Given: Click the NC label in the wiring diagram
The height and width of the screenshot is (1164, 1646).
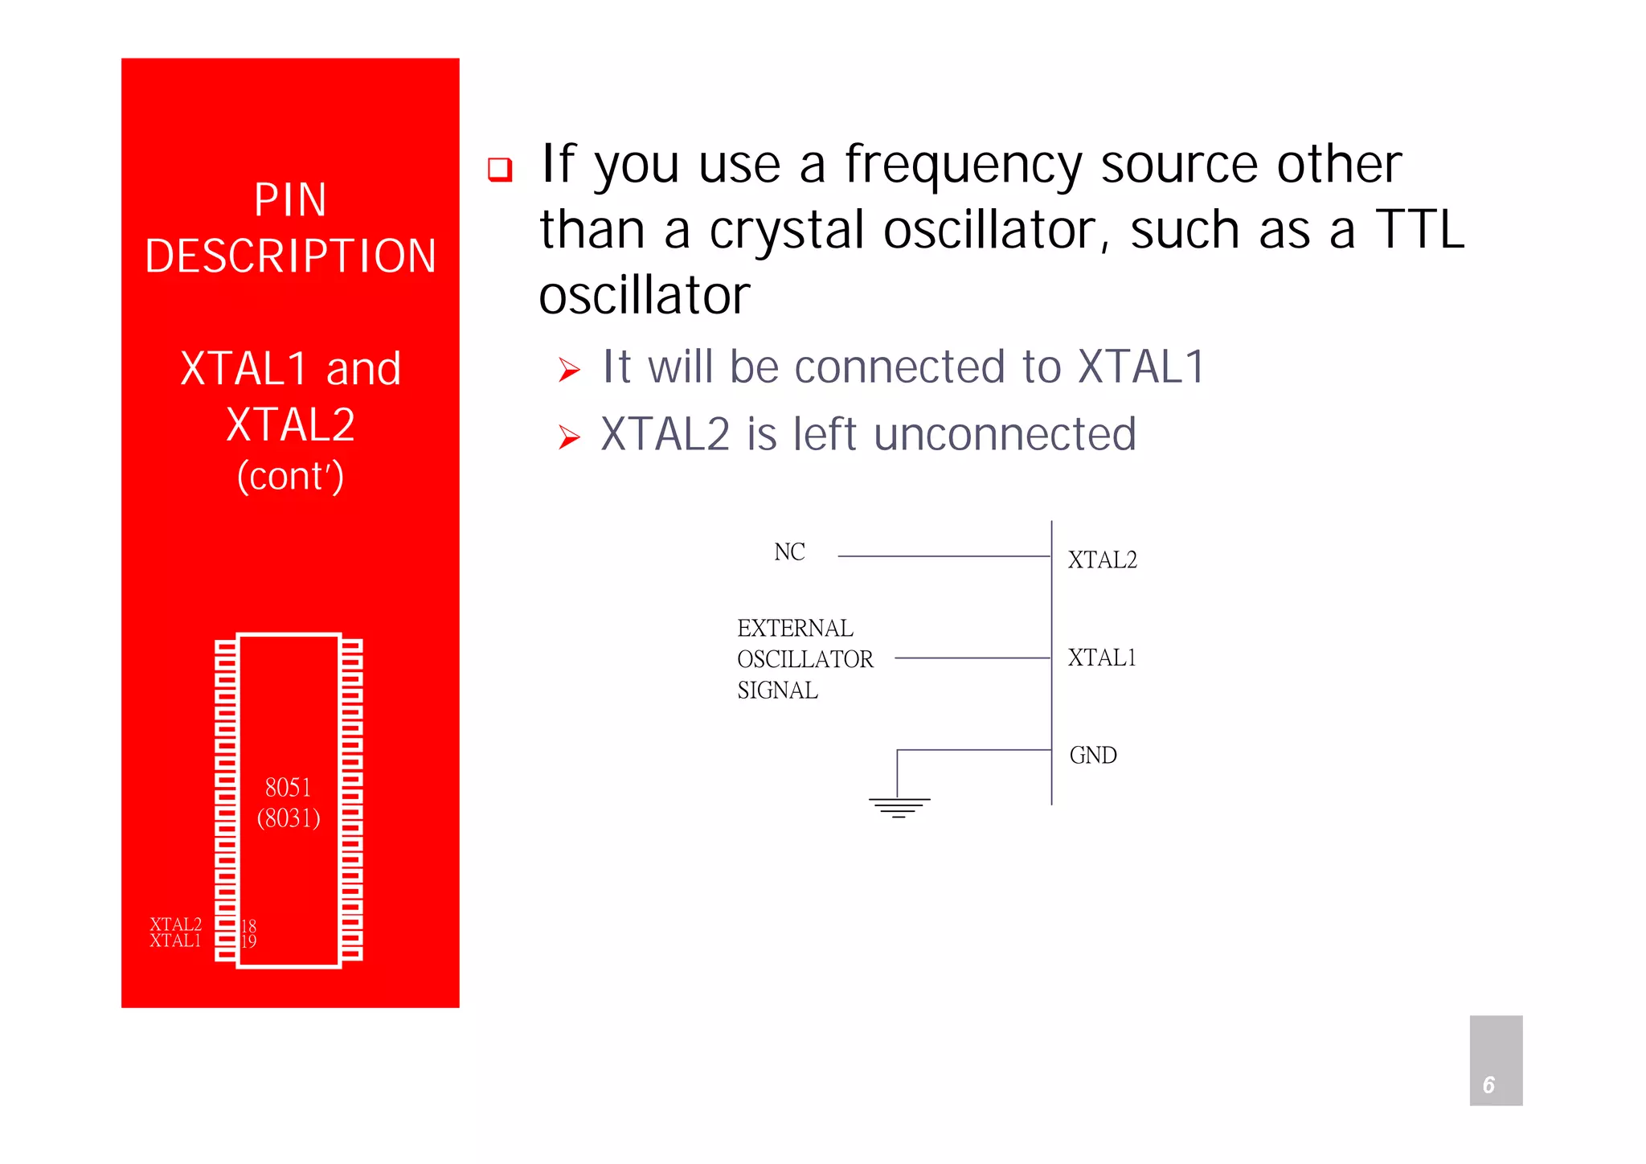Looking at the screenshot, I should coord(789,552).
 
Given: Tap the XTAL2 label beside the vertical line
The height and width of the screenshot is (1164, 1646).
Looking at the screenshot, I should coord(1102,560).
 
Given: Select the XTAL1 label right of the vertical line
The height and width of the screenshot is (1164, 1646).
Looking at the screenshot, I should coord(1102,658).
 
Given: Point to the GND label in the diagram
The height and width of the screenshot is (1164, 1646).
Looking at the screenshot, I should coord(1093,756).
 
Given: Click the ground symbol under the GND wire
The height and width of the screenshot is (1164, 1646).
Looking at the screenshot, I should coord(899,806).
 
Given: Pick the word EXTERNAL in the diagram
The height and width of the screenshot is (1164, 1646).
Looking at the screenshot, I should coord(795,628).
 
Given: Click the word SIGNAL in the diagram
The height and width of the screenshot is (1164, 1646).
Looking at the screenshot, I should coord(777,691).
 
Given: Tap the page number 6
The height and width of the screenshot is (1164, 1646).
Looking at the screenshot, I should coord(1488,1085).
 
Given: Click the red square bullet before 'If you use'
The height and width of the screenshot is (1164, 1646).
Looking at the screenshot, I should coord(500,169).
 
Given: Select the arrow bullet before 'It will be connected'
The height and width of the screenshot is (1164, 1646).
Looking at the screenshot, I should coord(569,370).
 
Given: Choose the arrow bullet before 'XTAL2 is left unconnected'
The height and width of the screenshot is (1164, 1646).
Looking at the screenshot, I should coord(569,437).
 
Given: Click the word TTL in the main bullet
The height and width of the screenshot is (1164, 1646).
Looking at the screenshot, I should coord(1419,231).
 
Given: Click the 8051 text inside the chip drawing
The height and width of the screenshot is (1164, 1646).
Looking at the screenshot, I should coord(288,787).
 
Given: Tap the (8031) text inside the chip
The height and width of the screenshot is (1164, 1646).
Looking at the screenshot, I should coord(289,818).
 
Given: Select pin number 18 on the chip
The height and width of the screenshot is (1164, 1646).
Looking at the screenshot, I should coord(249,926).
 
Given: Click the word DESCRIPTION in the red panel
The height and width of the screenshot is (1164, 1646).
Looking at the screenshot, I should coord(290,256).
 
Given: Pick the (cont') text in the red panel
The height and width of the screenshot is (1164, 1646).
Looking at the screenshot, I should coord(290,476).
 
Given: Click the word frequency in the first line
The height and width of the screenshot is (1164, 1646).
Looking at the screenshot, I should coord(963,165).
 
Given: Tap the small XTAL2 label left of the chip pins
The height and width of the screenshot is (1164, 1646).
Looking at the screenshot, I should coord(175,924).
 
